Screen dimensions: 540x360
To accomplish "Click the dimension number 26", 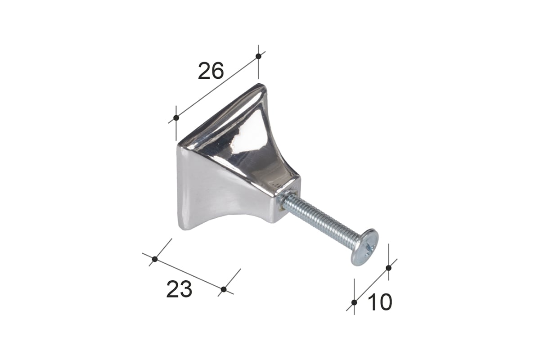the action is coord(211,71).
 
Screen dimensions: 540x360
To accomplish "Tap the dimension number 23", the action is coord(179,289).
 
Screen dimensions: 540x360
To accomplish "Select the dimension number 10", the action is coord(380,302).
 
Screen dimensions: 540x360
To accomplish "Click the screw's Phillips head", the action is coord(364,247).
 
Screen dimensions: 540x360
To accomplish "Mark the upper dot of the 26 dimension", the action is coord(258,56).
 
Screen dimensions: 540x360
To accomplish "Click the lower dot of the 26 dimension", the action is coord(176,118).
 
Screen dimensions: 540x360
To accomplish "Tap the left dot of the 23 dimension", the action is coord(155,259).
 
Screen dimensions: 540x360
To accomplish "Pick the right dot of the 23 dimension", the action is coord(224,289).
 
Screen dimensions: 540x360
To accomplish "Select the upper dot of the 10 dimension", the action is coord(388,268).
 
